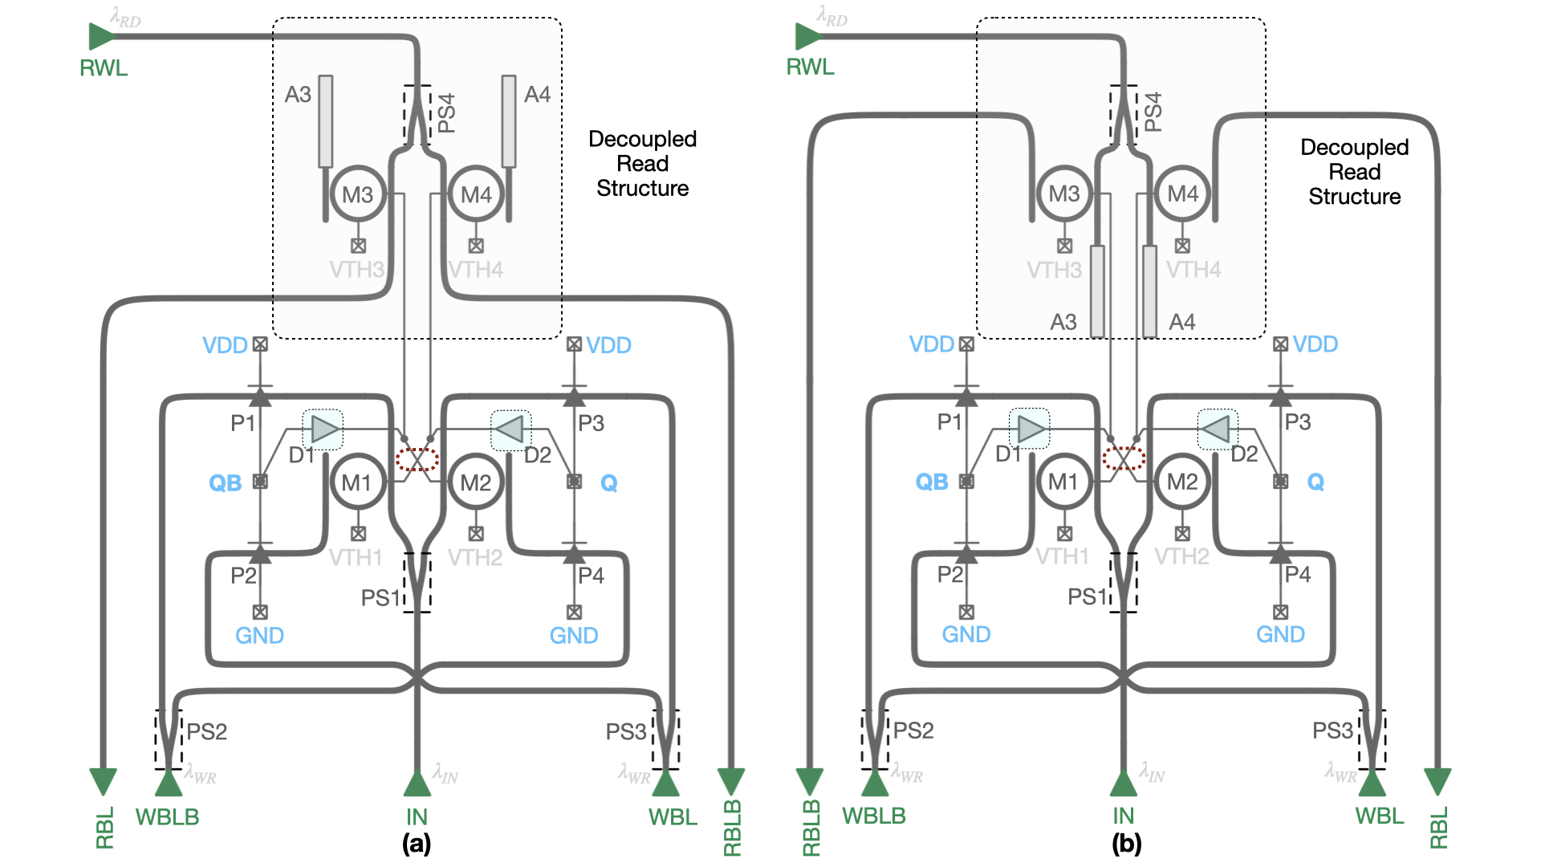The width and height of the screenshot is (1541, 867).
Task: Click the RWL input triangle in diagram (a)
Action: click(102, 36)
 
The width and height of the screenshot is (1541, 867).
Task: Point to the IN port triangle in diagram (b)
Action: click(1123, 784)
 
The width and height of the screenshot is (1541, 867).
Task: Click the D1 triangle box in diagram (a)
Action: click(323, 430)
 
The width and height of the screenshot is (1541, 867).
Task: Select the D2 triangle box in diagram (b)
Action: click(1218, 429)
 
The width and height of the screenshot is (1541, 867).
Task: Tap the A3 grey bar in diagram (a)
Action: click(325, 121)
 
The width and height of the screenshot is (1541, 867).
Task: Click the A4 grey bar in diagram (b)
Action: click(1150, 291)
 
